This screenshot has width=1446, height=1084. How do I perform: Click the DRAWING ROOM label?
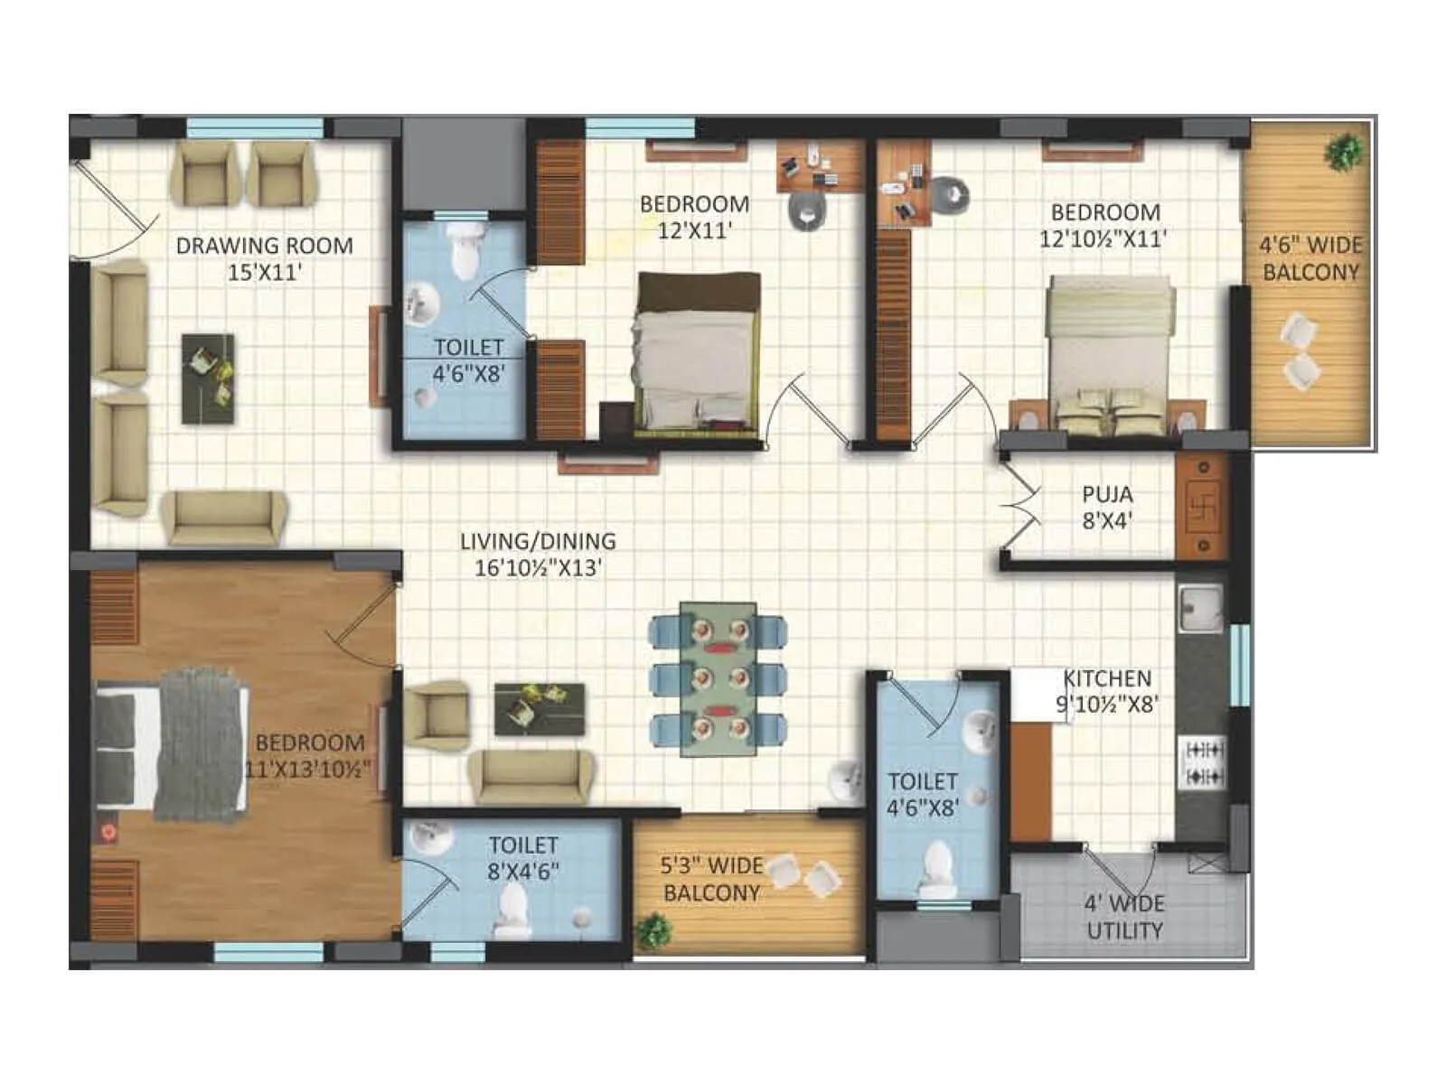click(264, 246)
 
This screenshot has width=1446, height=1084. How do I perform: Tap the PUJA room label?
click(1107, 495)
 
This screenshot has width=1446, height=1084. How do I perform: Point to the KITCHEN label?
click(1107, 678)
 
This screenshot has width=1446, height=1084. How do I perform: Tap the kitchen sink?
click(1200, 607)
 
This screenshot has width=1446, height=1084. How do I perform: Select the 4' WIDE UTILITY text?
click(1124, 917)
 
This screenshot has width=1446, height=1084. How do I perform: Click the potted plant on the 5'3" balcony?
click(653, 930)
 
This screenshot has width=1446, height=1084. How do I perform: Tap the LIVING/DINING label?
click(538, 542)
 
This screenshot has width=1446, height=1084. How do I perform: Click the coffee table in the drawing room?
click(208, 378)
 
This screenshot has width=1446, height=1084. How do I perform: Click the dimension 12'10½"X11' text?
click(1104, 239)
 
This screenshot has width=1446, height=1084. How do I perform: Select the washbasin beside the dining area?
click(848, 780)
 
